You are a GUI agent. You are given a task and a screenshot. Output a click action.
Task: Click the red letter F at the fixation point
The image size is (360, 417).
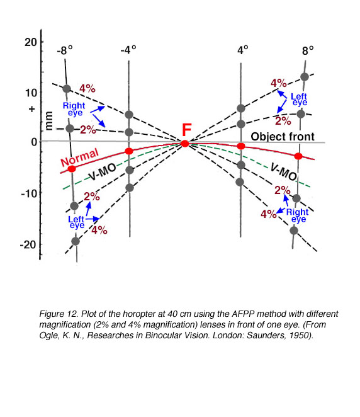[x=186, y=130]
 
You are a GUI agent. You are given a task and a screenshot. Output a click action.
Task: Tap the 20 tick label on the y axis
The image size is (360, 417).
[x=31, y=42]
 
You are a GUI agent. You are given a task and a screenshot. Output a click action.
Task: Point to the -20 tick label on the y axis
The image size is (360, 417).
[x=28, y=244]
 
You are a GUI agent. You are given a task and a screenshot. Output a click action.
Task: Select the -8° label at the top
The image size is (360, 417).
[x=65, y=50]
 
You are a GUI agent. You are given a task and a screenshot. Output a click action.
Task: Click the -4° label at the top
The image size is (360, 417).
[x=128, y=50]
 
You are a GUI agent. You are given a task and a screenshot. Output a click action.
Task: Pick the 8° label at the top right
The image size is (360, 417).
[x=308, y=50]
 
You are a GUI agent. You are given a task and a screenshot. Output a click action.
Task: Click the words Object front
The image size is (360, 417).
[x=283, y=137]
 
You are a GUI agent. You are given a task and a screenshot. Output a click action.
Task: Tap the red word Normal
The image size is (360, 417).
[x=79, y=157]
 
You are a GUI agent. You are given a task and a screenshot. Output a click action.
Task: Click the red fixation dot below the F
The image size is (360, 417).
[x=185, y=144]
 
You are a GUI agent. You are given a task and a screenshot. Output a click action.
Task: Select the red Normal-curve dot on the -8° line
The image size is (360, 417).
[x=72, y=169]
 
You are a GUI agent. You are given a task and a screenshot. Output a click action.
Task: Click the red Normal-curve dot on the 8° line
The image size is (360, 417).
[x=298, y=156]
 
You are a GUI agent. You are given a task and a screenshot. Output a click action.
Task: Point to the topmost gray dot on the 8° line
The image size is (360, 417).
[x=305, y=77]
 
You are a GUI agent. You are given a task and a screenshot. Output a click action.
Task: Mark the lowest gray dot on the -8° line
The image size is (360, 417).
[x=76, y=241]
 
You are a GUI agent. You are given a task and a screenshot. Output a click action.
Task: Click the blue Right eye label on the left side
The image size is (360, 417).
[x=74, y=109]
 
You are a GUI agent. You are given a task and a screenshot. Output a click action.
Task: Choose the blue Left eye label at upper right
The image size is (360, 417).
[x=299, y=99]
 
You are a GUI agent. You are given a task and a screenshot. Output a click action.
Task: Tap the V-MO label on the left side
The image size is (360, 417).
[x=102, y=171]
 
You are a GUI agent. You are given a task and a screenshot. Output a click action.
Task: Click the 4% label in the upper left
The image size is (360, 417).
[x=87, y=88]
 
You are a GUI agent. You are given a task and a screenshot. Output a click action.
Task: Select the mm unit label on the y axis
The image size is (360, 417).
[x=48, y=121]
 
